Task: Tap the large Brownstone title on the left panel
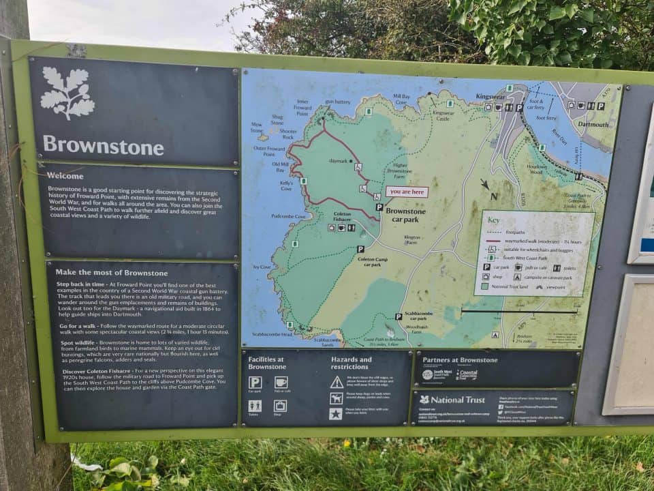tap(103, 146)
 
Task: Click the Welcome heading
tap(65, 175)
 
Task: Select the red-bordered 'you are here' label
tap(407, 192)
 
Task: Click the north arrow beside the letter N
tap(485, 184)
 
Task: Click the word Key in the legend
tap(494, 220)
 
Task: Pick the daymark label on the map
tap(339, 162)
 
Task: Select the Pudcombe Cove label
tap(290, 216)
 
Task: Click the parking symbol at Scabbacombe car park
tap(399, 316)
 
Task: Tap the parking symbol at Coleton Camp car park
tap(360, 249)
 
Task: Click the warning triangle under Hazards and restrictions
tap(337, 382)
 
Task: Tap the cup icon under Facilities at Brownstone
tap(281, 382)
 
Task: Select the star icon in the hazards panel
tap(336, 413)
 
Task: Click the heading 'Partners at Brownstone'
tap(460, 360)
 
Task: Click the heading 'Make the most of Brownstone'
tap(111, 273)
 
